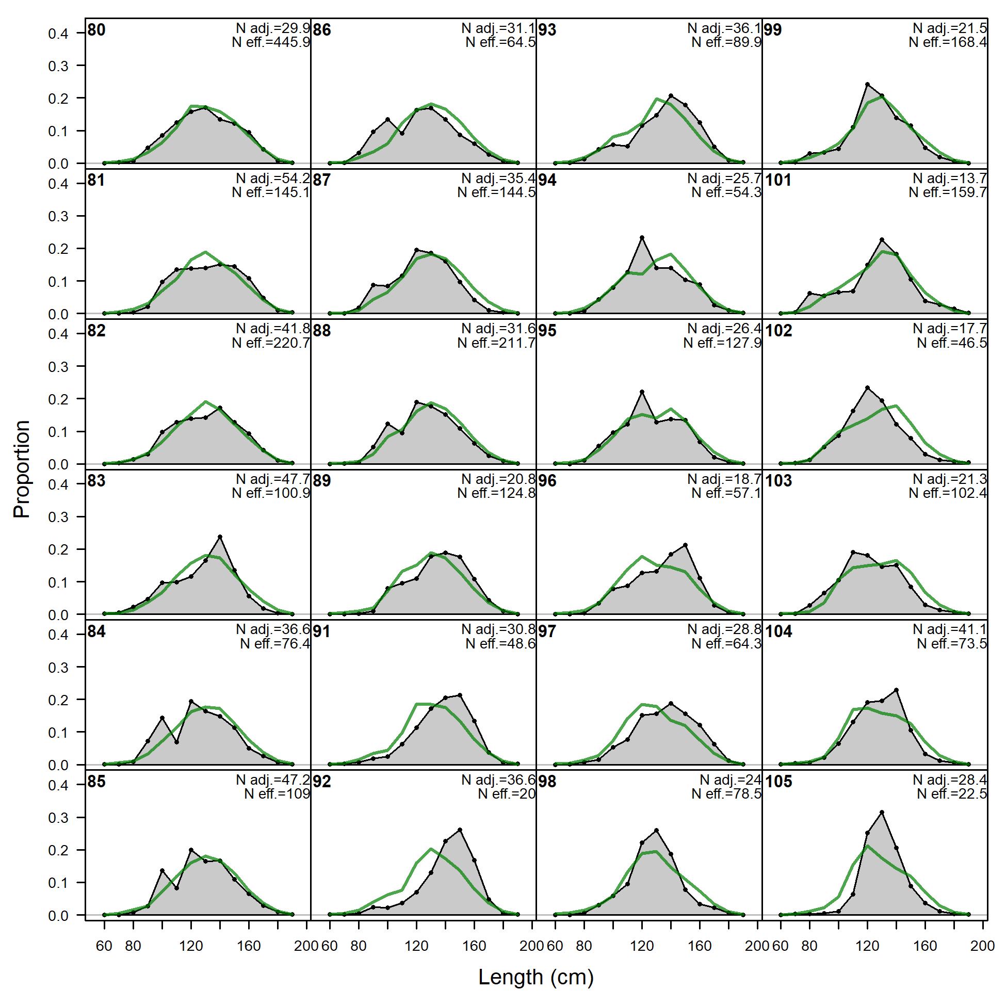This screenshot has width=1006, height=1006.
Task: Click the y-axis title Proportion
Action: pyautogui.click(x=22, y=468)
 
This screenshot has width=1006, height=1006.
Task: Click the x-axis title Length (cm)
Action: pyautogui.click(x=536, y=977)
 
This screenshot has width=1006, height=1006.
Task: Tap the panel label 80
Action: pyautogui.click(x=96, y=30)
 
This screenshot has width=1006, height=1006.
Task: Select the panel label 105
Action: pyautogui.click(x=778, y=782)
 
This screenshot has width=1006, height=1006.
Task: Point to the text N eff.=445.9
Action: pyautogui.click(x=271, y=42)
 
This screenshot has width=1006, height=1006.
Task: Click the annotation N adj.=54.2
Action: pyautogui.click(x=273, y=179)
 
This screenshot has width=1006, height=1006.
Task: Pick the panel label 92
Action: pyautogui.click(x=322, y=782)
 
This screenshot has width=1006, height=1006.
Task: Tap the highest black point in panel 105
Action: pyautogui.click(x=882, y=813)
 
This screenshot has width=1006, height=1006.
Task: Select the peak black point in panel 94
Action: pyautogui.click(x=642, y=237)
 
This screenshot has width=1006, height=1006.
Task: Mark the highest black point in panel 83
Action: pyautogui.click(x=220, y=537)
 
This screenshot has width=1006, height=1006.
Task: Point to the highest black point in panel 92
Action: pyautogui.click(x=460, y=830)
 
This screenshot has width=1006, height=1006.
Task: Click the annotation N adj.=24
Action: pyautogui.click(x=730, y=780)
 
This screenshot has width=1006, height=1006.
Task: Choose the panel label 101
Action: pyautogui.click(x=778, y=180)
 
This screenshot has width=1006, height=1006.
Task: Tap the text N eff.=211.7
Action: pyautogui.click(x=496, y=343)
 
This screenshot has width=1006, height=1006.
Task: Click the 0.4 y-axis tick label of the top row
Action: pyautogui.click(x=58, y=34)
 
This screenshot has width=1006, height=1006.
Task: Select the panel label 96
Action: pyautogui.click(x=547, y=481)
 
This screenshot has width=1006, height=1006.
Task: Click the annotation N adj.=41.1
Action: pyautogui.click(x=950, y=629)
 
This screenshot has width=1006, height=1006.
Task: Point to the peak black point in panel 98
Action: pyautogui.click(x=656, y=831)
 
